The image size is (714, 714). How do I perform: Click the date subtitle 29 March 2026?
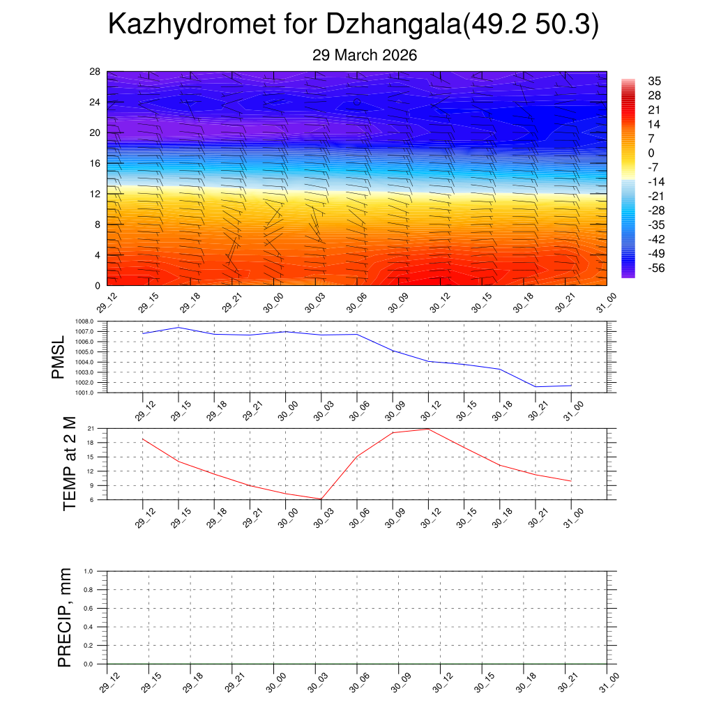click(x=365, y=55)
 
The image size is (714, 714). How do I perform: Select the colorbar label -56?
click(x=657, y=269)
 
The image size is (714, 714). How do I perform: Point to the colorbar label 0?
click(x=651, y=153)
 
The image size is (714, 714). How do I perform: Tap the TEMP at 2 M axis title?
click(x=68, y=463)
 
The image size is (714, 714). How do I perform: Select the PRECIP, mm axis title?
click(x=65, y=617)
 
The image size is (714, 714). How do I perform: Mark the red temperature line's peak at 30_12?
click(x=428, y=429)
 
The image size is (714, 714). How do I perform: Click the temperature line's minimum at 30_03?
click(x=321, y=499)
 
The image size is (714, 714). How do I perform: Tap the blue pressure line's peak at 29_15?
click(x=178, y=327)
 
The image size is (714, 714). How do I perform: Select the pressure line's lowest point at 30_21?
click(x=535, y=386)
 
